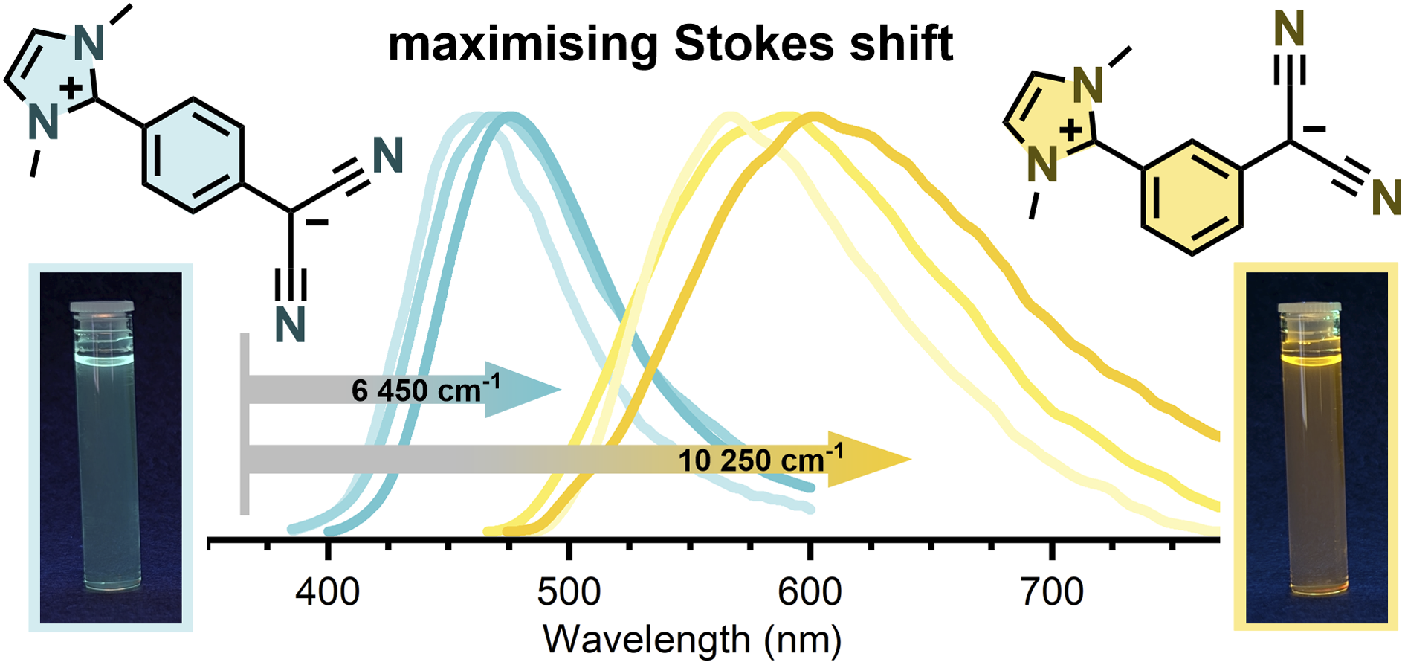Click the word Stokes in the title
tap(755, 44)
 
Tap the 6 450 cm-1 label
tap(426, 388)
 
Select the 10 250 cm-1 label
tap(760, 458)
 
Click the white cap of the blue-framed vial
tap(102, 307)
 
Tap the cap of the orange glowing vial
tap(1310, 307)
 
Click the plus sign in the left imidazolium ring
tap(71, 89)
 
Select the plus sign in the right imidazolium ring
tap(1071, 131)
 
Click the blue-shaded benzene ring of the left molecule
tap(193, 155)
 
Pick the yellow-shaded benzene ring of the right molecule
tap(1192, 197)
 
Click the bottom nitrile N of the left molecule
tap(290, 324)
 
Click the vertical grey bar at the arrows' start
tap(245, 424)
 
